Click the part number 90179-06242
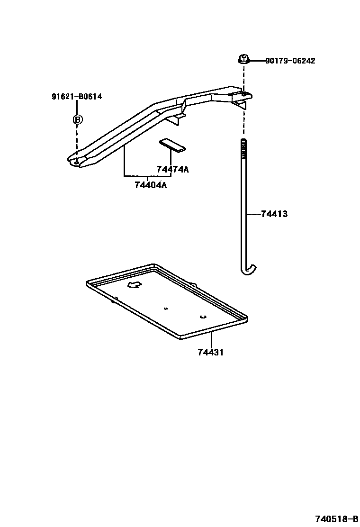tap(290, 61)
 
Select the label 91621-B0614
tap(77, 97)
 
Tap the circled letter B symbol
tap(77, 119)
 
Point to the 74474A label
tap(172, 170)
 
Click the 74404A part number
tap(151, 185)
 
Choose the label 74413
tap(274, 214)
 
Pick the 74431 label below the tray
tap(211, 352)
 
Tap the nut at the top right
tap(243, 60)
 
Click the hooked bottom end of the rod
tap(250, 270)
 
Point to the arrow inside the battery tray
tap(135, 284)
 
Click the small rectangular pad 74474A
tap(173, 145)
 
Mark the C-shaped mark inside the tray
tap(202, 317)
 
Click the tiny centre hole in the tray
tap(165, 309)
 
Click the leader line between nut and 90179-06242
tap(256, 61)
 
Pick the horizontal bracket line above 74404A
tap(147, 176)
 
